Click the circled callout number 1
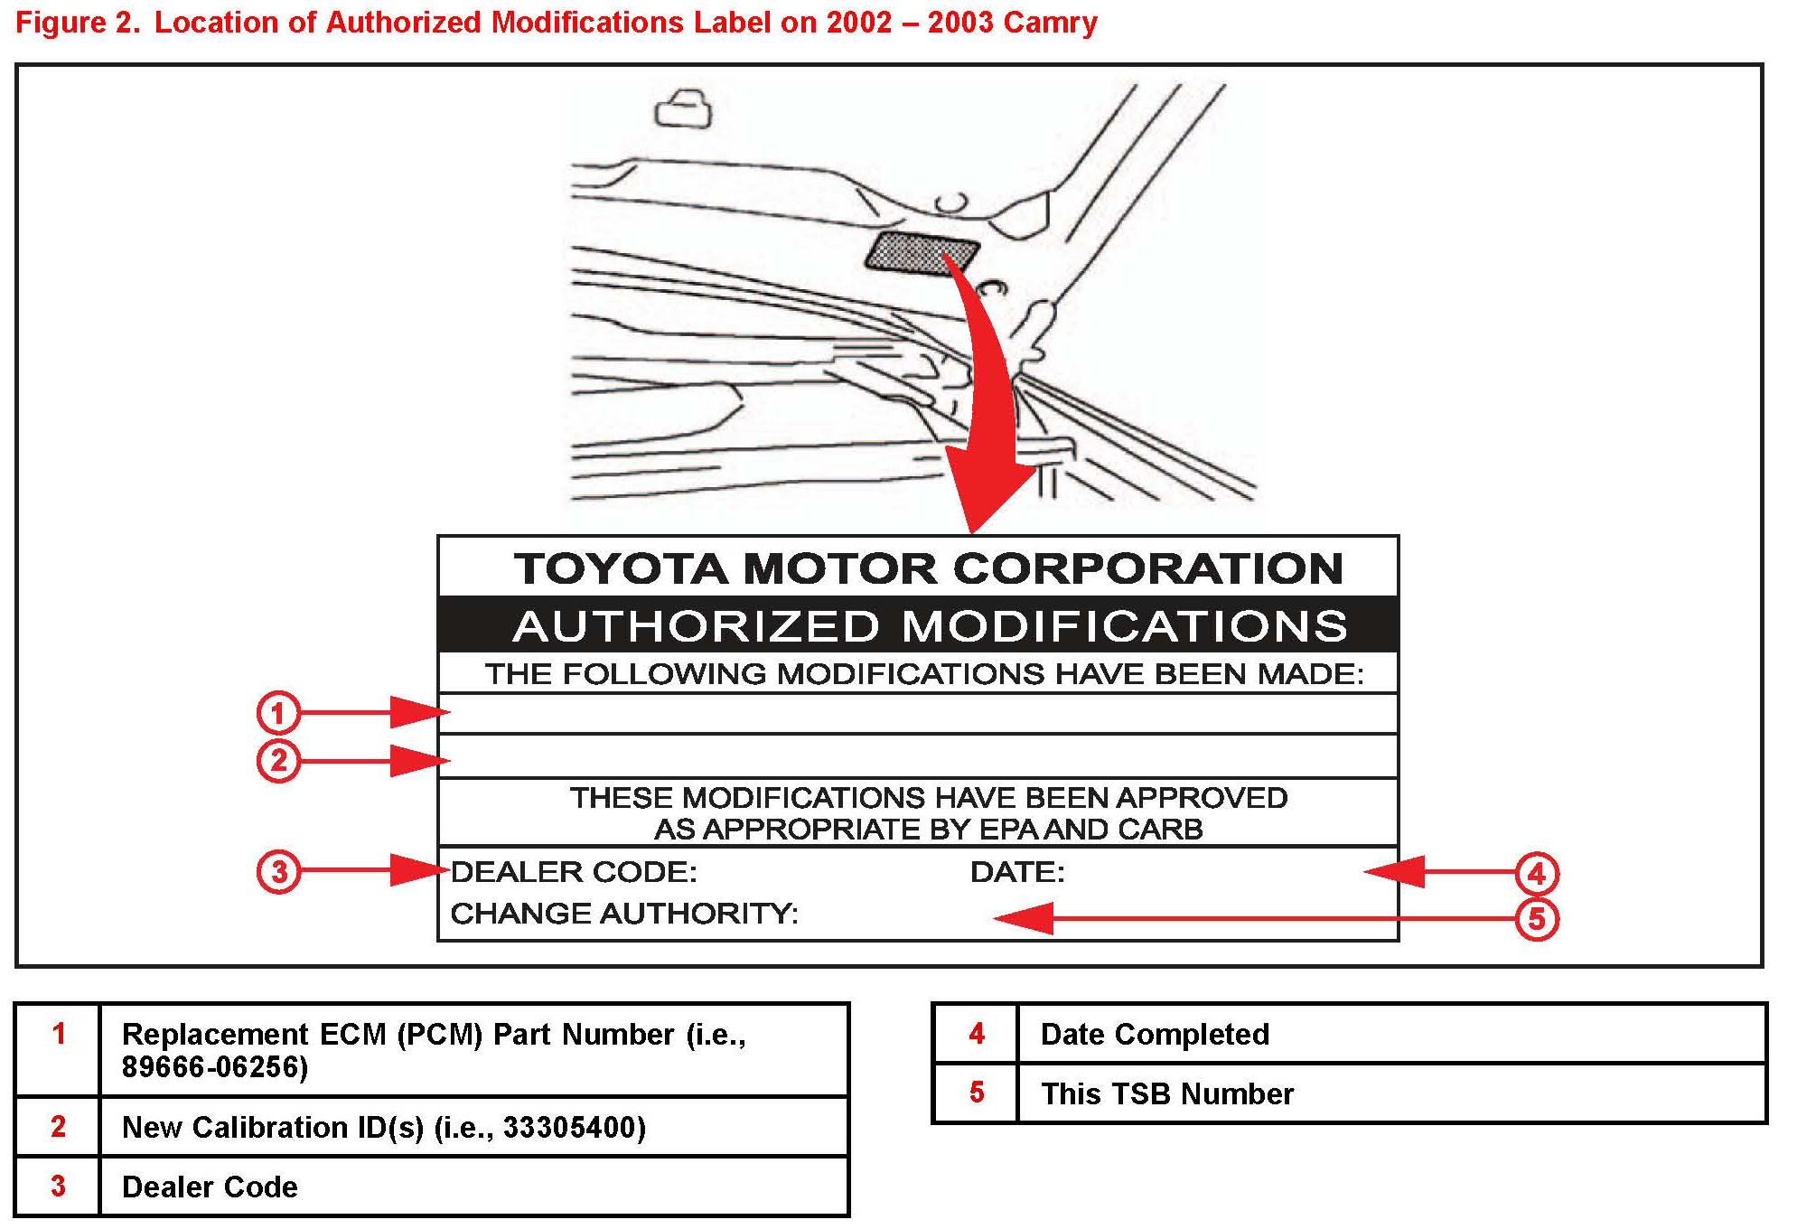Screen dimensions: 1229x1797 pos(277,713)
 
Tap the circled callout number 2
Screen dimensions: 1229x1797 pos(277,760)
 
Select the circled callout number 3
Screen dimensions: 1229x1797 pos(278,872)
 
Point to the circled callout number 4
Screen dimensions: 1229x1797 pos(1537,874)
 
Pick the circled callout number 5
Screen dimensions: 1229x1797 pos(1537,919)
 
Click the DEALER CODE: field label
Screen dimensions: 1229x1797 pos(574,872)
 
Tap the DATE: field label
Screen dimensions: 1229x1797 pos(1017,872)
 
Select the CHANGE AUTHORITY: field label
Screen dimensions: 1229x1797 pos(624,914)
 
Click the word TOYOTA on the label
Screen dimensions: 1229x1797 pos(621,569)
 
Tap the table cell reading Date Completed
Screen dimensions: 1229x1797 pos(1155,1034)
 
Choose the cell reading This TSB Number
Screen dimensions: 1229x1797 pos(1166,1093)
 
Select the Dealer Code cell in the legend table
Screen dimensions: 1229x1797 pos(210,1187)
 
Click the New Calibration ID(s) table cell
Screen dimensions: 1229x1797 pos(384,1127)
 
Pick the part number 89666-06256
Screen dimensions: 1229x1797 pos(215,1067)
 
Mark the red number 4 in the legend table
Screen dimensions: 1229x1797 pos(977,1034)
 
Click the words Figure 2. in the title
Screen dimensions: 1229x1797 pos(78,23)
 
